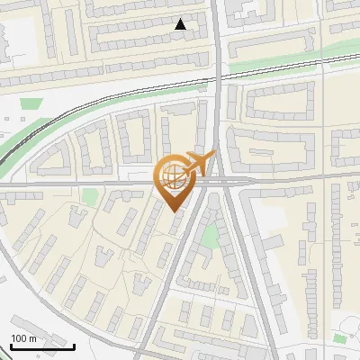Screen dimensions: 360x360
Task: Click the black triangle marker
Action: (182, 24)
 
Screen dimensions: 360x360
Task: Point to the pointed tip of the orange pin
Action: (175, 211)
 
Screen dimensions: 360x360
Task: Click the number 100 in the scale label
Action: (18, 338)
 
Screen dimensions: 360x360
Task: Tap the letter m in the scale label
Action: (32, 338)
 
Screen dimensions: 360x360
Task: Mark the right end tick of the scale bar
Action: (74, 345)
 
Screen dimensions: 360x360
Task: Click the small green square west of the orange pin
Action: (88, 196)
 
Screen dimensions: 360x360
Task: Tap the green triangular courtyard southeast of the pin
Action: (211, 236)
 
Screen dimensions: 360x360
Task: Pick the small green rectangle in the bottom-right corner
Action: (339, 338)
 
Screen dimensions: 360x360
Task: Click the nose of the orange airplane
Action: (213, 156)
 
